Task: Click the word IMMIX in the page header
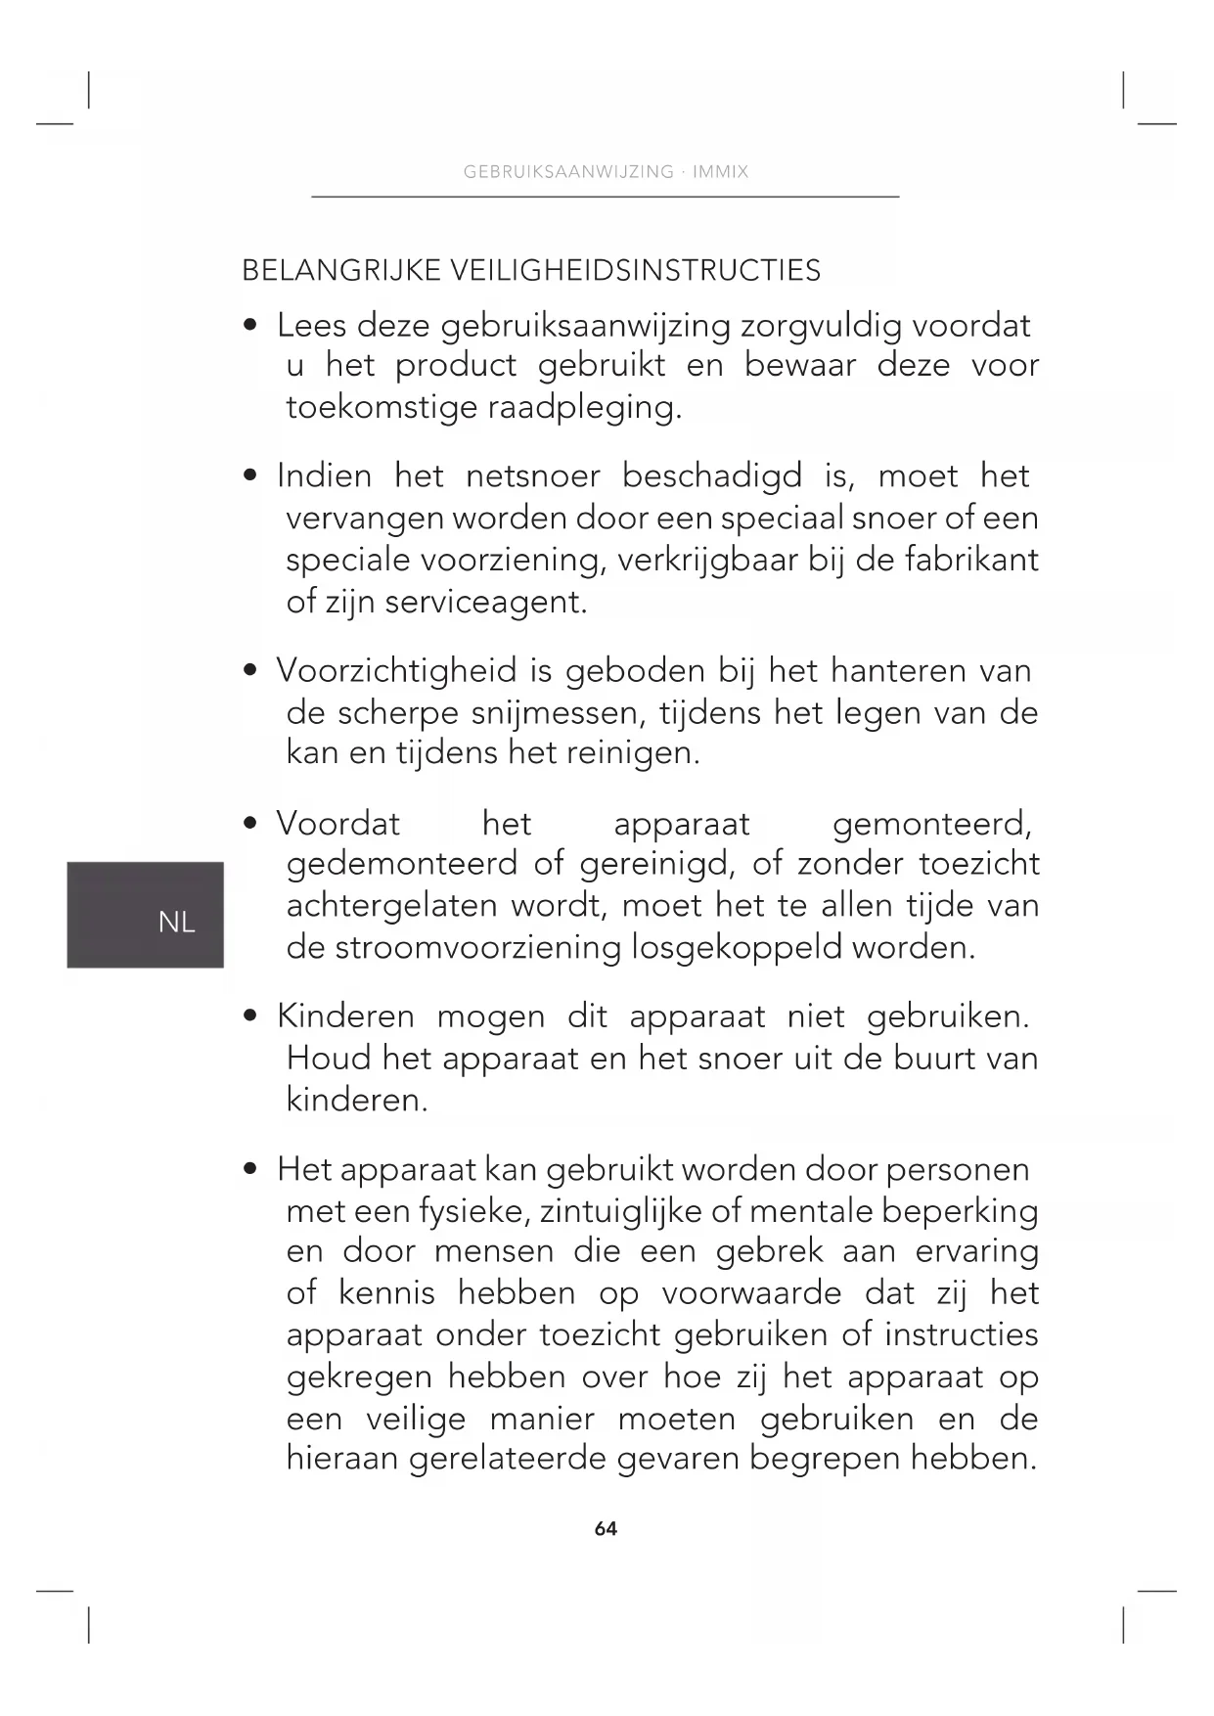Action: pos(720,172)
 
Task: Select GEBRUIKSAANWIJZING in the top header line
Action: pos(568,172)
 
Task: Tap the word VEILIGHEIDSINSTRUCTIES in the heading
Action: pos(635,271)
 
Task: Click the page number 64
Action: pos(606,1529)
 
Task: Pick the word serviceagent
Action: pos(485,602)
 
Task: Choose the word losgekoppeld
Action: pos(736,948)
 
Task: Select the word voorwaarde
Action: pos(750,1293)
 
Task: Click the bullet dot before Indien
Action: pos(251,476)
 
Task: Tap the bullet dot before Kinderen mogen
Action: pos(251,1016)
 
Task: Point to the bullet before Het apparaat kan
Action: pos(251,1169)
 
